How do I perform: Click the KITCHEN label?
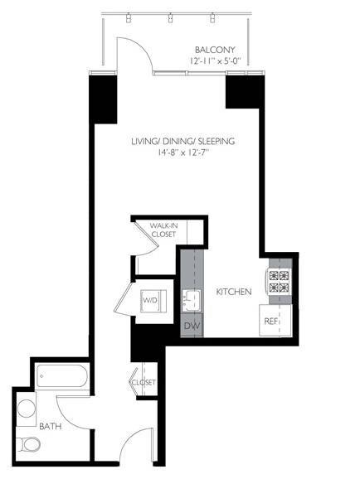(233, 293)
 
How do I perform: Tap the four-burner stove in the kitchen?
(278, 283)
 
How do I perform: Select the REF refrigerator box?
(272, 320)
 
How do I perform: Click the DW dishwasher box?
(190, 326)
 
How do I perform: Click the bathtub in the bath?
(62, 379)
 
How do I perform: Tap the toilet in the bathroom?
(29, 446)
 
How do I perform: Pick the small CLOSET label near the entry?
(144, 383)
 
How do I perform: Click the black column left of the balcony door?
(102, 99)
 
